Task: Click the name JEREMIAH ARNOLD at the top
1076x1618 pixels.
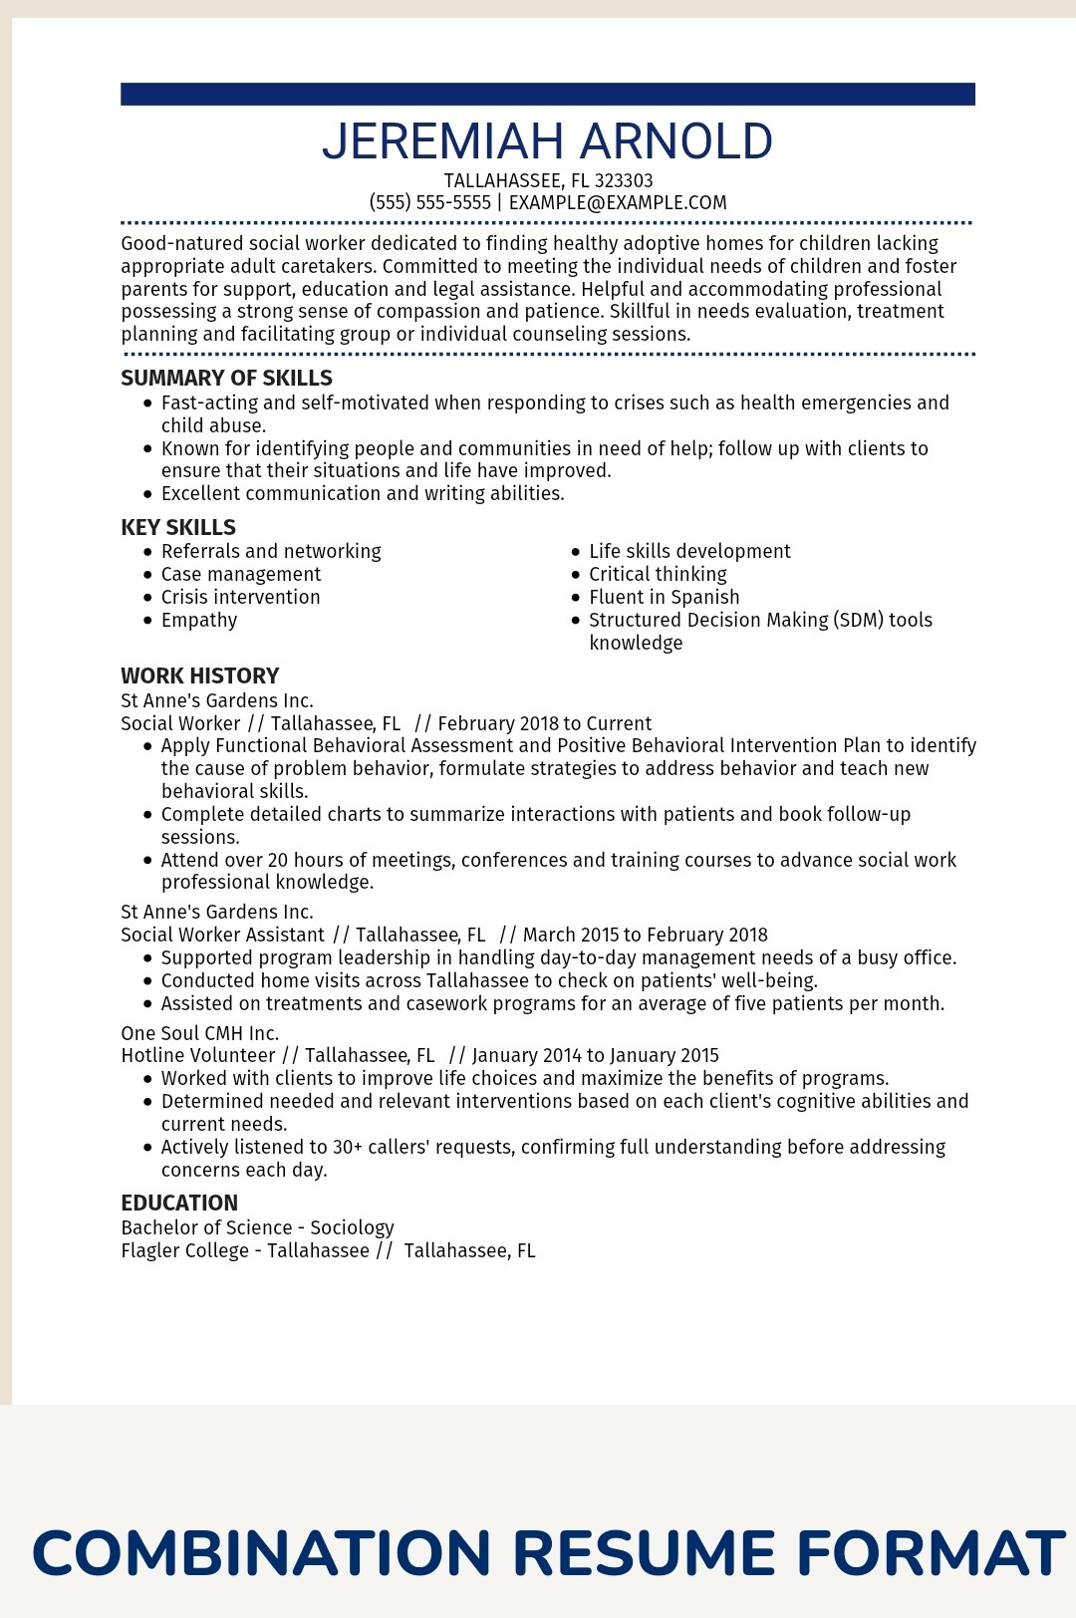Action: click(547, 141)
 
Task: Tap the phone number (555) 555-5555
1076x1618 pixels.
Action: click(429, 202)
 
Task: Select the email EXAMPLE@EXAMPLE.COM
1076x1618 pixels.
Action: click(618, 202)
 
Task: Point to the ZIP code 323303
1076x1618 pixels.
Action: click(624, 180)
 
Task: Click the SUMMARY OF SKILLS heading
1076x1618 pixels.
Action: click(226, 378)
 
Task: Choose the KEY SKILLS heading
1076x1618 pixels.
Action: click(178, 527)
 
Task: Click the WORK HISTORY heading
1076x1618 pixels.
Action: click(199, 675)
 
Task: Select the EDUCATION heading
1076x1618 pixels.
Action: click(179, 1203)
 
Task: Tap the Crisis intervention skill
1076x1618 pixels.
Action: click(240, 597)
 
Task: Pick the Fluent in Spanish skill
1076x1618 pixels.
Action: click(664, 597)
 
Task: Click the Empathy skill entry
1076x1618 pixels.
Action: click(199, 620)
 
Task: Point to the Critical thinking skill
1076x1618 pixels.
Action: click(658, 574)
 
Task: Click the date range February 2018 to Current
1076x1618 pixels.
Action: click(544, 723)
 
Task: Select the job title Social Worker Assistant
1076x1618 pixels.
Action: click(222, 935)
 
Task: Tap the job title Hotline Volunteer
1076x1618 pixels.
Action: click(197, 1055)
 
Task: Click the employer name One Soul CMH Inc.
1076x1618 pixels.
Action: click(199, 1033)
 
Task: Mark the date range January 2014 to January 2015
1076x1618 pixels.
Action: click(595, 1055)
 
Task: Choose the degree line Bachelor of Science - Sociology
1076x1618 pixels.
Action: click(257, 1227)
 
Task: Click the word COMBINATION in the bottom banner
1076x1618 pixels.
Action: click(262, 1552)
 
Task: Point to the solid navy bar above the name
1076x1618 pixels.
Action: click(547, 94)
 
